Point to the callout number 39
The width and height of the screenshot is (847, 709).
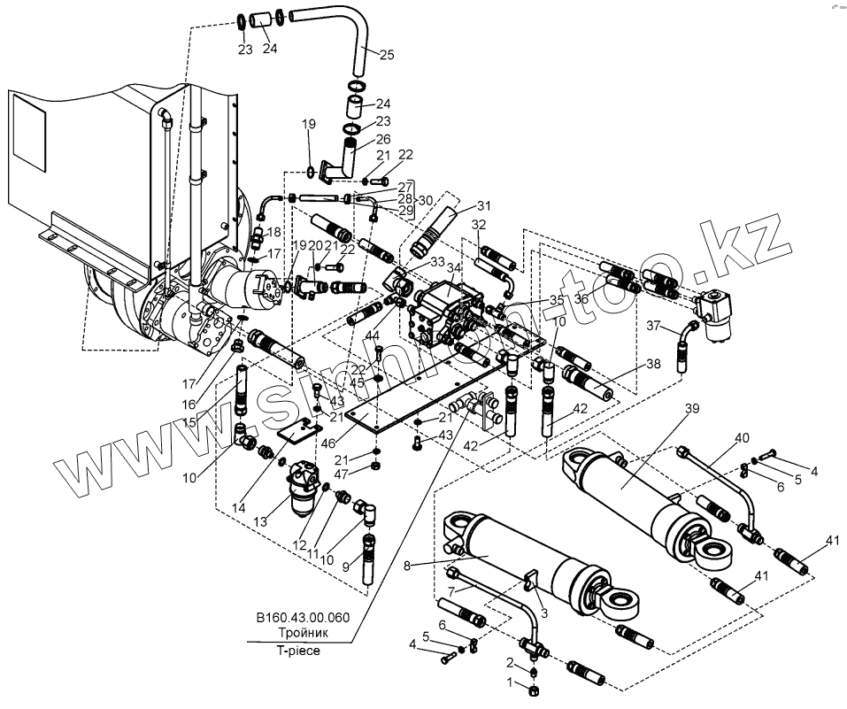692,408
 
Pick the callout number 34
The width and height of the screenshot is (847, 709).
453,268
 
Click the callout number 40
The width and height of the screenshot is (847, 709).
742,438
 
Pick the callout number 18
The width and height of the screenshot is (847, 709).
273,232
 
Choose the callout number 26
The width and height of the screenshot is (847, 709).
382,139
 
